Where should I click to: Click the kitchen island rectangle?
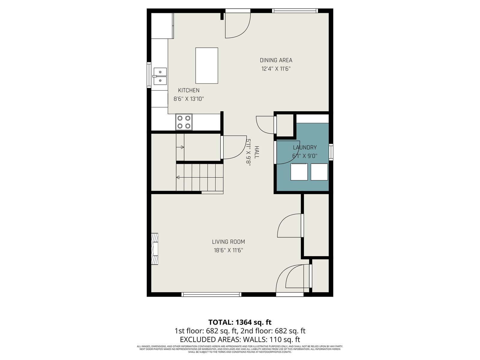pos(206,66)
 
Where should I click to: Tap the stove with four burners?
pos(184,122)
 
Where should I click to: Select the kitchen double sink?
pos(160,76)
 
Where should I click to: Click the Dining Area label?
pos(276,60)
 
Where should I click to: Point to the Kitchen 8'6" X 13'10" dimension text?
pos(189,99)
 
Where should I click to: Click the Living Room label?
pos(229,242)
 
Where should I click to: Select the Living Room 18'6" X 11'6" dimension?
pos(229,250)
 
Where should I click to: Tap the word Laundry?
pos(305,148)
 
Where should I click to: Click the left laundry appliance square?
pos(299,172)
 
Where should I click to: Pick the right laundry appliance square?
pos(319,172)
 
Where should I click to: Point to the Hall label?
pos(257,152)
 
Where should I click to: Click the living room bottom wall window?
pos(211,294)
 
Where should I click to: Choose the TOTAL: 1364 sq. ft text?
pos(240,322)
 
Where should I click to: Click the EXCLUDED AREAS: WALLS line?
pos(240,340)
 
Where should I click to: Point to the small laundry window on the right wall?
pos(331,152)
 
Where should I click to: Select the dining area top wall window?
pos(295,11)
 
